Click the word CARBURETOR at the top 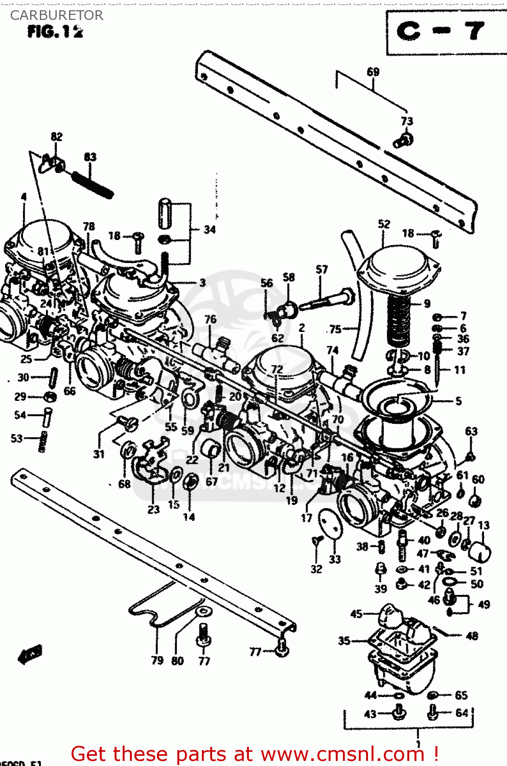point(57,15)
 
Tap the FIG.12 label point(55,32)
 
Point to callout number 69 point(373,72)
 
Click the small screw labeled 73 point(404,140)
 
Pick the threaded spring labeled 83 point(93,184)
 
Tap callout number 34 point(210,230)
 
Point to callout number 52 point(384,224)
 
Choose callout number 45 point(356,614)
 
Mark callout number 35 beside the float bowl point(344,640)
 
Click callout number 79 point(157,660)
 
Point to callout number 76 point(211,319)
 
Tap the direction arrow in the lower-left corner point(30,654)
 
